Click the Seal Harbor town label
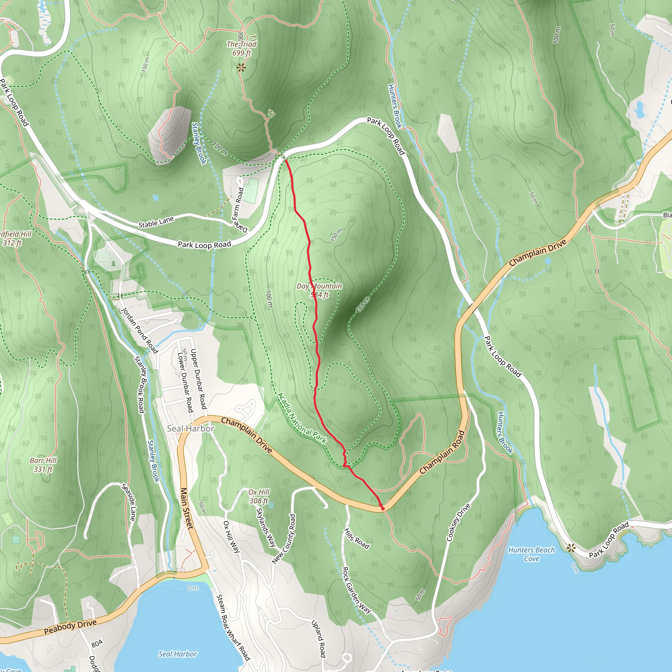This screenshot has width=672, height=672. tap(190, 429)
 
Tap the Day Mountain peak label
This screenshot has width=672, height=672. tap(319, 290)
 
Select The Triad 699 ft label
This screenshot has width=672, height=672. tap(241, 48)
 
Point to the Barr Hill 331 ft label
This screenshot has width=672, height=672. tap(43, 465)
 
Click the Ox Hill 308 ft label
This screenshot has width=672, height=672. tap(259, 496)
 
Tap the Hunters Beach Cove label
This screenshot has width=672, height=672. tap(531, 554)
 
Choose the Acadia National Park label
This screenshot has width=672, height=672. tap(302, 418)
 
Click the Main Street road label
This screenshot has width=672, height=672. tap(187, 509)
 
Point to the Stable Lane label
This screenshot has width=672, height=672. tap(156, 222)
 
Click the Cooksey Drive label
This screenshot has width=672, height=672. tap(458, 522)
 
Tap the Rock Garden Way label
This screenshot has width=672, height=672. tap(356, 590)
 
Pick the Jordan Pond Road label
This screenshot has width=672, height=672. tap(139, 330)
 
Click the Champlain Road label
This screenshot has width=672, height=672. tap(442, 452)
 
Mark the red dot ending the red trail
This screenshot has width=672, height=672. tap(383, 509)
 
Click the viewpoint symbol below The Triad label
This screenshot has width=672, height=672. tap(241, 68)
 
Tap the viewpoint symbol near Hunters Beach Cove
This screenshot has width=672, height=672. tap(571, 549)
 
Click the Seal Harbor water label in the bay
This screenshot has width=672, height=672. tap(178, 654)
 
